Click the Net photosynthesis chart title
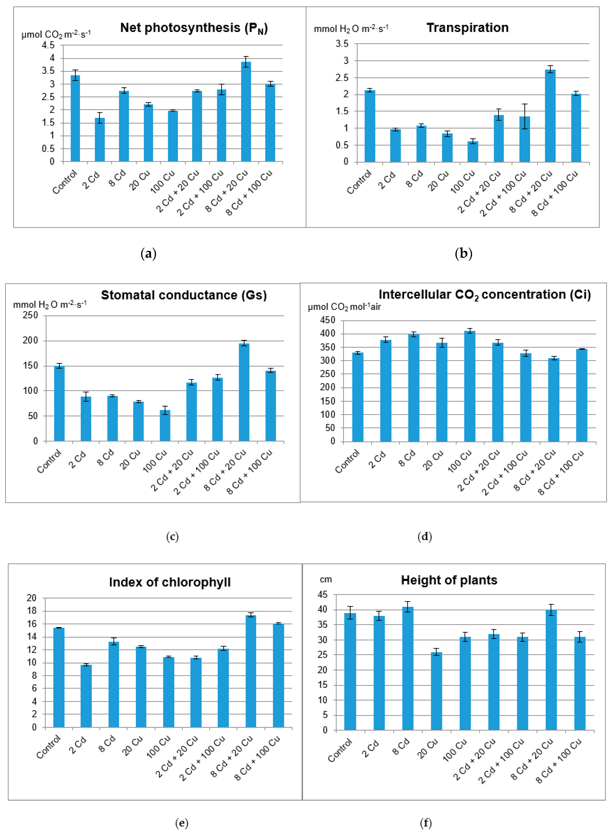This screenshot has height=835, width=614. (194, 28)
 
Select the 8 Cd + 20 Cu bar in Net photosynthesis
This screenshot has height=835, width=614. (246, 111)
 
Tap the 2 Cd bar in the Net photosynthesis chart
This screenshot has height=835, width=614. (100, 139)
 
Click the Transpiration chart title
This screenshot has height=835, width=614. (467, 28)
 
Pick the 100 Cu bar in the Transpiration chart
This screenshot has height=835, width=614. (473, 151)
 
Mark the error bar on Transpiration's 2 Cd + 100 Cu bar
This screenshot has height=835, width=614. (524, 116)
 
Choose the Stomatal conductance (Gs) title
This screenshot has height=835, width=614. (184, 295)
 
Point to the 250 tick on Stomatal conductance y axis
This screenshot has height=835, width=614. (30, 315)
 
